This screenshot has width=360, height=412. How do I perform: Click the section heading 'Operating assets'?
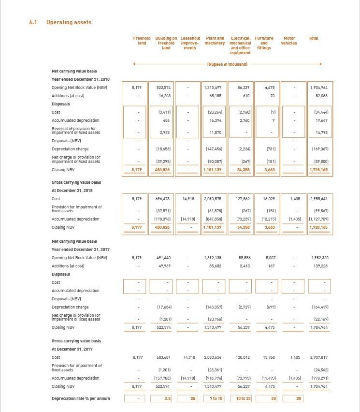point(69,22)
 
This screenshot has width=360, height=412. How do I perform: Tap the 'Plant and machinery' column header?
point(215,41)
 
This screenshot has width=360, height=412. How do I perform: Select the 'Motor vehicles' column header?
point(289,41)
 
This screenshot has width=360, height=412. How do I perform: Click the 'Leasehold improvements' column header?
point(190,43)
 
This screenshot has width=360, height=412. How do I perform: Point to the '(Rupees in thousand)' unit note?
point(227,64)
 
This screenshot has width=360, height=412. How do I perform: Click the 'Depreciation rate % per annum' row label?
point(81,398)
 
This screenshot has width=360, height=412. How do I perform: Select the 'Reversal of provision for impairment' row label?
point(76,131)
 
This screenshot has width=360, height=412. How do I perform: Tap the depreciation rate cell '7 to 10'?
point(215,398)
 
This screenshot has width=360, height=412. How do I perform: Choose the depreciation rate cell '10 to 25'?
point(241,398)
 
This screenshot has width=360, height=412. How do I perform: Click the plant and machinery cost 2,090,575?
point(214,199)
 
